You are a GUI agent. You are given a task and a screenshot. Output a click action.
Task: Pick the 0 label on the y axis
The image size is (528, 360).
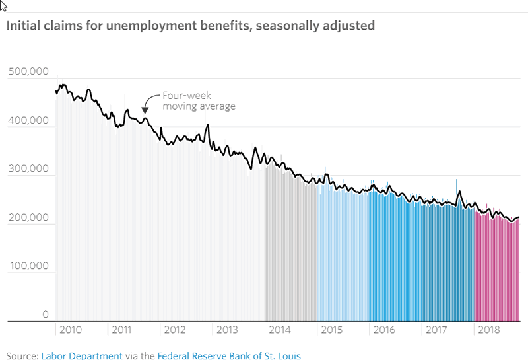pyautogui.click(x=46, y=314)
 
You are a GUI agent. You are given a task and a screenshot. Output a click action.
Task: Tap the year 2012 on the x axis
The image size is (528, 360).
pyautogui.click(x=174, y=329)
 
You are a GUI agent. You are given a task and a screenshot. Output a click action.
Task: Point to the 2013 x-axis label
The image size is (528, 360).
pyautogui.click(x=226, y=329)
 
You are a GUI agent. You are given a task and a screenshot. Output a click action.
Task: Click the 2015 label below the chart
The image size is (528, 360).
pyautogui.click(x=331, y=329)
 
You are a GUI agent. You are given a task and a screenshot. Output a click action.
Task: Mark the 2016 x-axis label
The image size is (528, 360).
pyautogui.click(x=384, y=329)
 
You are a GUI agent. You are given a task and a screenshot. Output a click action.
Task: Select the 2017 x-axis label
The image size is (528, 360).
pyautogui.click(x=436, y=329)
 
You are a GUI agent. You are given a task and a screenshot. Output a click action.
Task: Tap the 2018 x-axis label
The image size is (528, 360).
pyautogui.click(x=488, y=329)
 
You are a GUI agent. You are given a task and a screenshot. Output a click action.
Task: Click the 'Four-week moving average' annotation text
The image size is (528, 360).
pyautogui.click(x=198, y=100)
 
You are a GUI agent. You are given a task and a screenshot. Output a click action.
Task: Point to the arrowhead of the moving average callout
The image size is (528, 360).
pyautogui.click(x=145, y=110)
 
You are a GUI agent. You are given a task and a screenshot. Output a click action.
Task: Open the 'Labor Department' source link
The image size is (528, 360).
pyautogui.click(x=82, y=355)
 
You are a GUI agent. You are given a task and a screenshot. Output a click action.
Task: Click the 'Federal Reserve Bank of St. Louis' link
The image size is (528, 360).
pyautogui.click(x=229, y=355)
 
